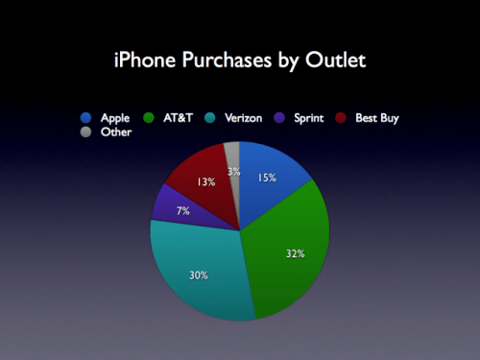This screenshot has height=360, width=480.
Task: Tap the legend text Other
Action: tap(115, 132)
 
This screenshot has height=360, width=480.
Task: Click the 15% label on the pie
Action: tap(267, 178)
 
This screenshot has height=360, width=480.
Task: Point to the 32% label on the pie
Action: tap(295, 253)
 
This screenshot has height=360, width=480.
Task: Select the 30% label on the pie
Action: tap(197, 276)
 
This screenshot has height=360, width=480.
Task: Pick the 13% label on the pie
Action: tap(205, 182)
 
